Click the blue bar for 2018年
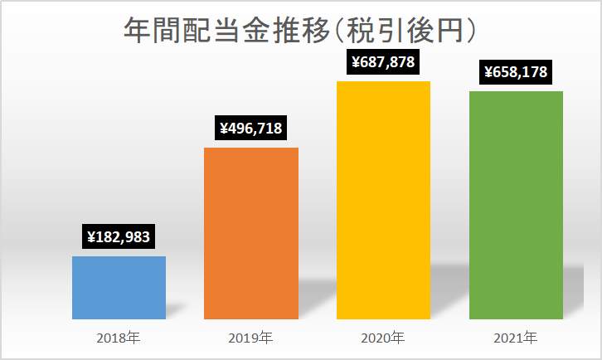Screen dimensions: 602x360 [x=119, y=288]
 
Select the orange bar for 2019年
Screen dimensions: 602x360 [x=251, y=234]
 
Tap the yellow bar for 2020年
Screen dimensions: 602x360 [x=384, y=200]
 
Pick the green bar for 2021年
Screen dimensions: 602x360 [x=516, y=205]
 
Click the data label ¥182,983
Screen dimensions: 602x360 [x=119, y=236]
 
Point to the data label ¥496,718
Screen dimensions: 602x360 [x=250, y=128]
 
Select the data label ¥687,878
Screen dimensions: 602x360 [x=383, y=62]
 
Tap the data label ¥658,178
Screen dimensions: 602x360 [x=516, y=72]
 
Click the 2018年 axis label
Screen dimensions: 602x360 [x=119, y=338]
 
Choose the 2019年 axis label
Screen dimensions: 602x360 [x=250, y=338]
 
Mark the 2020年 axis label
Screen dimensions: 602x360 [x=383, y=338]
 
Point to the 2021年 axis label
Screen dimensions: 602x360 [x=515, y=338]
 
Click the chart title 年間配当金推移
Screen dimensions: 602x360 [x=227, y=30]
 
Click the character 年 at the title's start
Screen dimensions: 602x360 [x=138, y=30]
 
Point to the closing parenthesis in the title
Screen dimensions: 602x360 [x=472, y=30]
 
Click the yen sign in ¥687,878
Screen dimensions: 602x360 [x=356, y=62]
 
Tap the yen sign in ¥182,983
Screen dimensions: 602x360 [x=91, y=237]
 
